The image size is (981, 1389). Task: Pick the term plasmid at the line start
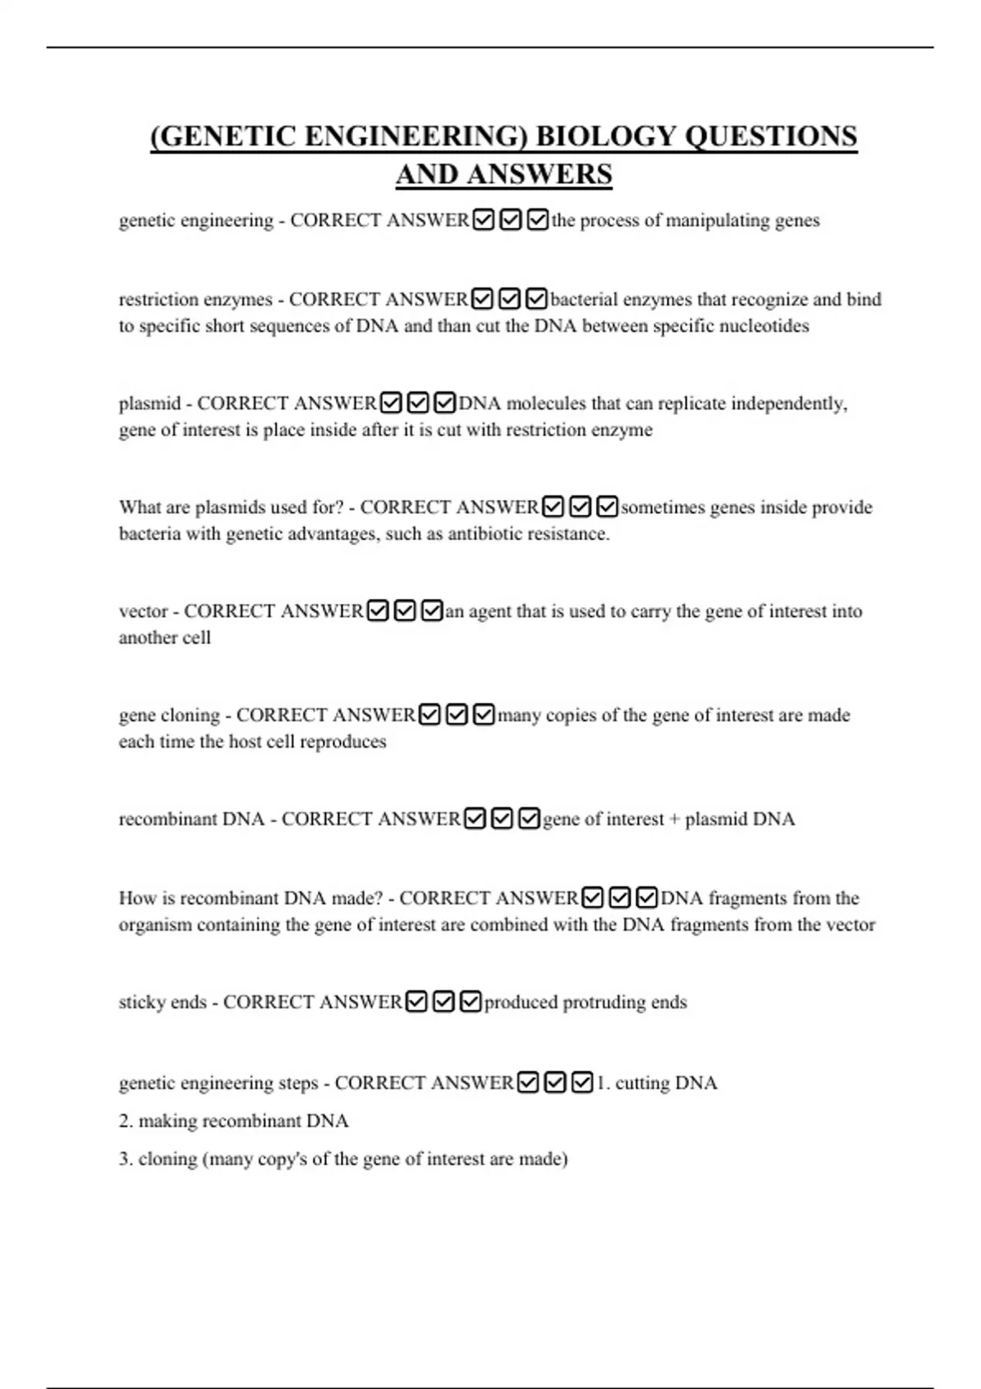(150, 404)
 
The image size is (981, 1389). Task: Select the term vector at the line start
(143, 611)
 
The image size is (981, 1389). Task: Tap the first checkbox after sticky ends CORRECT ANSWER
(416, 1002)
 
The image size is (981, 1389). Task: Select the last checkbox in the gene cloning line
(484, 715)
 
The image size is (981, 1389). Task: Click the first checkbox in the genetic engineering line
(483, 220)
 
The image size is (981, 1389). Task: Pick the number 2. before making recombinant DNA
(126, 1121)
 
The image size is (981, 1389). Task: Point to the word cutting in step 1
(643, 1083)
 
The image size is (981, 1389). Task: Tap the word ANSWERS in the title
(504, 175)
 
